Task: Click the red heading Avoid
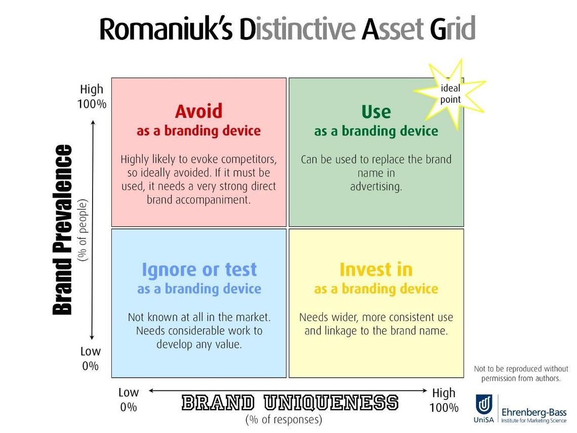click(199, 111)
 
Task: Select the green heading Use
click(376, 112)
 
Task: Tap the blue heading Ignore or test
click(199, 269)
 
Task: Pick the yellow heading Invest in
click(376, 269)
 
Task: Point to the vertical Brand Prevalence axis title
click(63, 230)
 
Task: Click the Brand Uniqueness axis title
click(290, 403)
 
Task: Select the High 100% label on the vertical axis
click(92, 96)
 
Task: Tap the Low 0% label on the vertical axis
click(91, 359)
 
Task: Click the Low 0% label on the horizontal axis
click(129, 400)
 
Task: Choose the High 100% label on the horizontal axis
click(444, 400)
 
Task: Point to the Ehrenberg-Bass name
click(534, 412)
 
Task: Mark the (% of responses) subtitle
click(284, 420)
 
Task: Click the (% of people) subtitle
click(83, 230)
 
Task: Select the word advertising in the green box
click(376, 187)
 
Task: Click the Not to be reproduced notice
click(521, 373)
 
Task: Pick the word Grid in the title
click(453, 28)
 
